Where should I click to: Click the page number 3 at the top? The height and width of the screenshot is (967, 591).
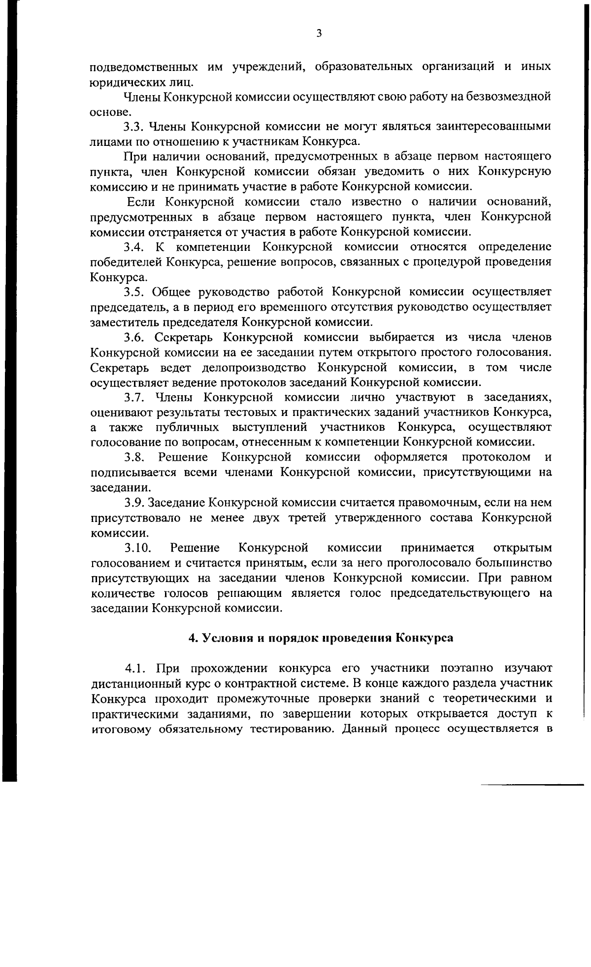click(x=319, y=34)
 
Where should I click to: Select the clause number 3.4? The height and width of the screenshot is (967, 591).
click(x=133, y=247)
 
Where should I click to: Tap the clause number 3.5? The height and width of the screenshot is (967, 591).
click(x=133, y=292)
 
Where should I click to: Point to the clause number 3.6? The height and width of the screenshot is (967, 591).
click(x=133, y=338)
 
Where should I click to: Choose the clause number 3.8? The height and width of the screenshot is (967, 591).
click(x=133, y=457)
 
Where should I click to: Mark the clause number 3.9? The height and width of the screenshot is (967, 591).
click(x=133, y=503)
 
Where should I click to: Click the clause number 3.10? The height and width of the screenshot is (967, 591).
click(x=136, y=548)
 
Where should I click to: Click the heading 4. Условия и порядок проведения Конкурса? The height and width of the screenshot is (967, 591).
click(x=321, y=638)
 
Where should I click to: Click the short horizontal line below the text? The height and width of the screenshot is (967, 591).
click(x=532, y=784)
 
